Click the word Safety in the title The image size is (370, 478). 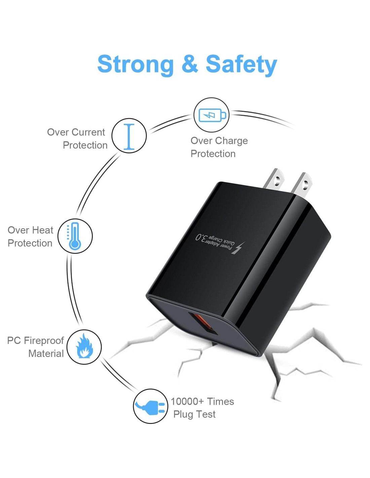(x=241, y=64)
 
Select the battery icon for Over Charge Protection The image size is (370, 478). (x=212, y=115)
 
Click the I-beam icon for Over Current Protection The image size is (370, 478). (x=129, y=136)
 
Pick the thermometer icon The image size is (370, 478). (x=75, y=236)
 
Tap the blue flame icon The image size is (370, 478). (x=84, y=347)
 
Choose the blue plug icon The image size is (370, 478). (x=151, y=406)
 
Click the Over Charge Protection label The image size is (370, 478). (x=219, y=147)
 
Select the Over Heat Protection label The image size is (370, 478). (x=30, y=236)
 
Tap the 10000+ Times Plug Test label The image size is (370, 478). (x=202, y=408)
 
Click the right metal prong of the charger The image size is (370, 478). (x=302, y=184)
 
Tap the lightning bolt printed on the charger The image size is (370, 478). (x=238, y=248)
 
